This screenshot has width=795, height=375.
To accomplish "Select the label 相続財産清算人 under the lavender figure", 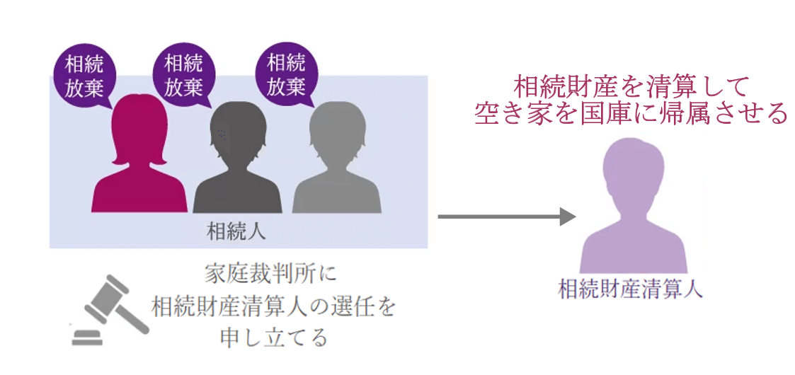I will coord(630,289).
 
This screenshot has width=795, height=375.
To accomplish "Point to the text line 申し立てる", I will coord(273,337).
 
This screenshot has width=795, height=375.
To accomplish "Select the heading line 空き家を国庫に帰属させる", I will coord(631,114).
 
